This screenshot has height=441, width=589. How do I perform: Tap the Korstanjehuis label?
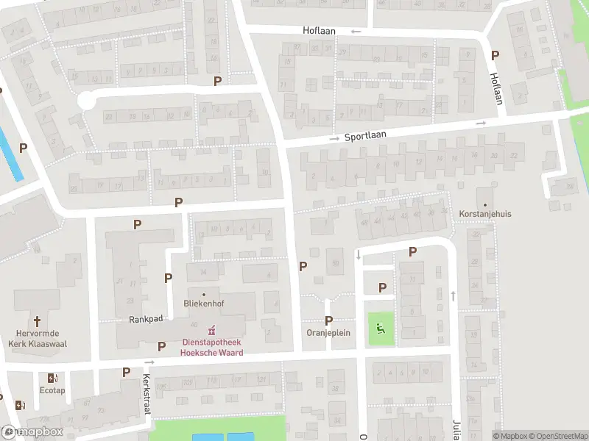pos(484,214)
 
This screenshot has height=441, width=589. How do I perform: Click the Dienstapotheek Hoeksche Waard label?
pos(212,347)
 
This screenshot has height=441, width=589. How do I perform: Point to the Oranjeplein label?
pos(328,333)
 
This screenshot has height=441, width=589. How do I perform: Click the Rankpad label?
pos(144,320)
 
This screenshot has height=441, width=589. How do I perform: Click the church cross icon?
pos(38,321)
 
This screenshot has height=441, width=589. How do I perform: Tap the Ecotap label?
pos(52,390)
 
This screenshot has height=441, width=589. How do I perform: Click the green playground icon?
pos(381,328)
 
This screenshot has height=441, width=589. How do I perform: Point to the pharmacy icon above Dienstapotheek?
pos(212,328)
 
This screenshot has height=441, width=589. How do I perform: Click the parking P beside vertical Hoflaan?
pos(495,55)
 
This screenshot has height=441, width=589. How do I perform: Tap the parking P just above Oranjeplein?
pos(328,320)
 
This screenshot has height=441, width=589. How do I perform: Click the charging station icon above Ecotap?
pos(52,378)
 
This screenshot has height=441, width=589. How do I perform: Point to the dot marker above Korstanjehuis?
pos(484,204)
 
